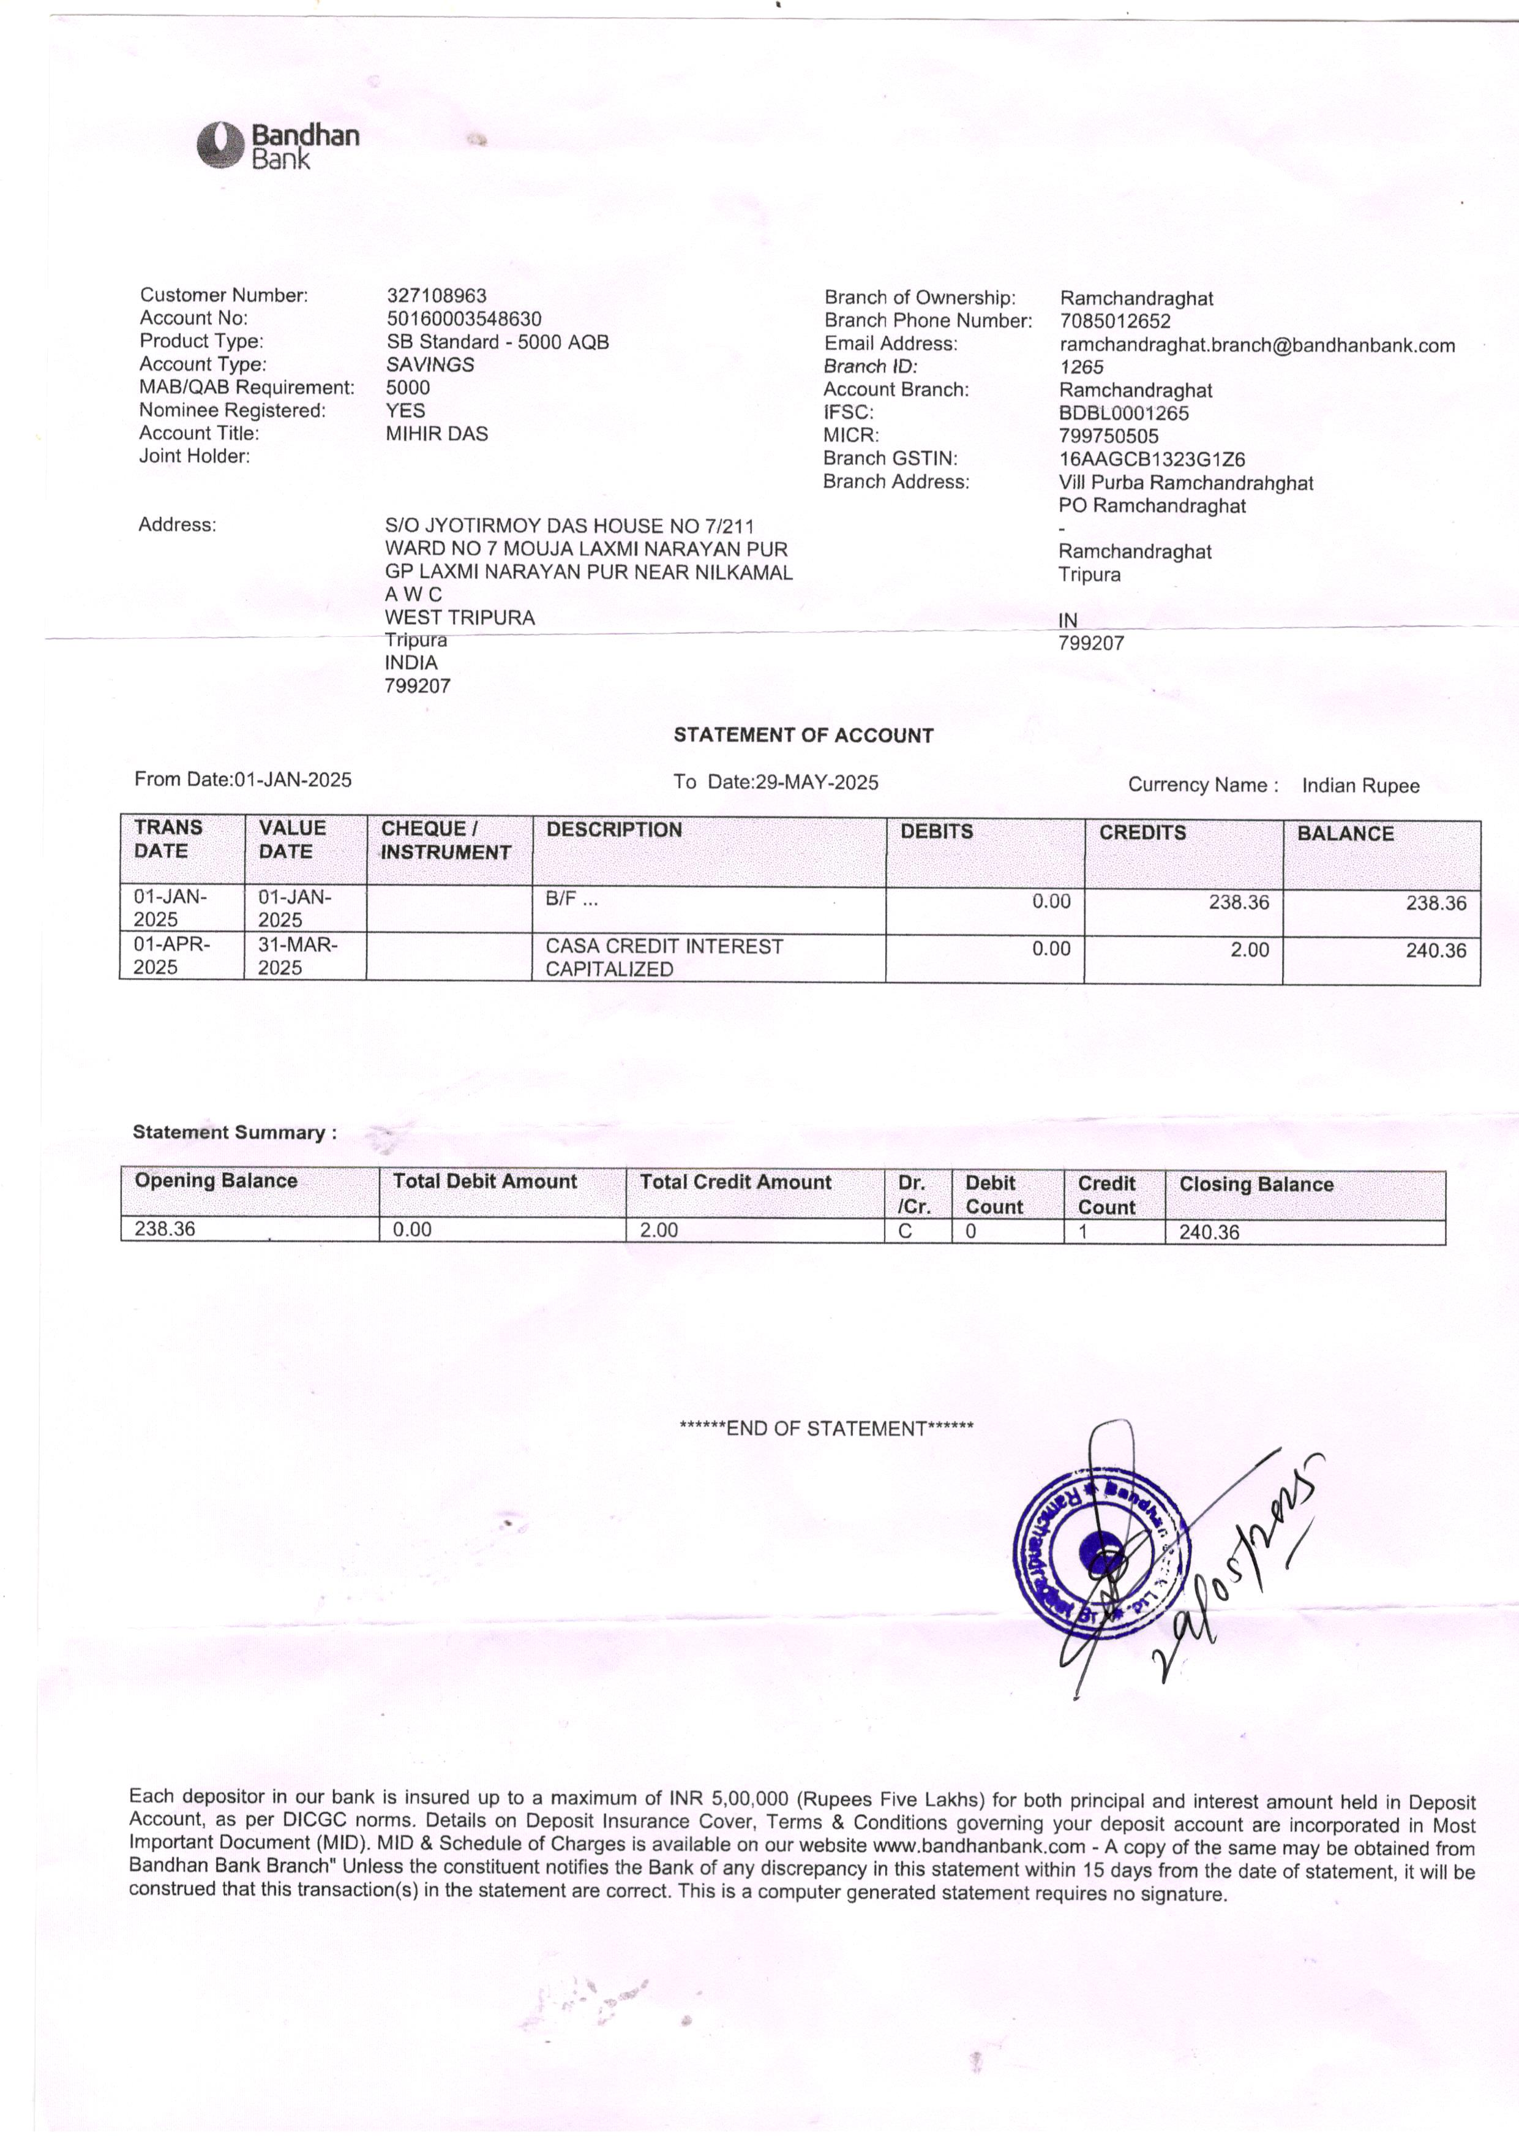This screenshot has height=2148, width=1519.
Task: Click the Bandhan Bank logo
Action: tap(278, 146)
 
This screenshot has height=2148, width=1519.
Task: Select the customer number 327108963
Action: tap(437, 296)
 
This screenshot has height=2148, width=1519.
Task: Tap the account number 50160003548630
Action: tap(464, 319)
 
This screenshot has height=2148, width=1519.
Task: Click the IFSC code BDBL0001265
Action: tap(1123, 413)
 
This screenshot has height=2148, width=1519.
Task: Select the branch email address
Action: tap(1256, 345)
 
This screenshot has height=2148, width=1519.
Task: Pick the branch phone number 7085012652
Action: tap(1115, 322)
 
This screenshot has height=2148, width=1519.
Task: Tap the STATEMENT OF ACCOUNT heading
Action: tap(803, 736)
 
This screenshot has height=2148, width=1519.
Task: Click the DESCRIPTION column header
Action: tap(613, 830)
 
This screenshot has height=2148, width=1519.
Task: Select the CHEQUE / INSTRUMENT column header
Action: tap(445, 840)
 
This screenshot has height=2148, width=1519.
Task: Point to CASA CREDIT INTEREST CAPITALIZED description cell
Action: tap(664, 957)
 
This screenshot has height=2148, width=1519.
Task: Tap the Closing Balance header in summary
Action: tap(1255, 1185)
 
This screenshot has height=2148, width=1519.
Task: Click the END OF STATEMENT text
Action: tap(826, 1428)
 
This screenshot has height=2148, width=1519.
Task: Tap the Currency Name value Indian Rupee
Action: tap(1360, 786)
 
